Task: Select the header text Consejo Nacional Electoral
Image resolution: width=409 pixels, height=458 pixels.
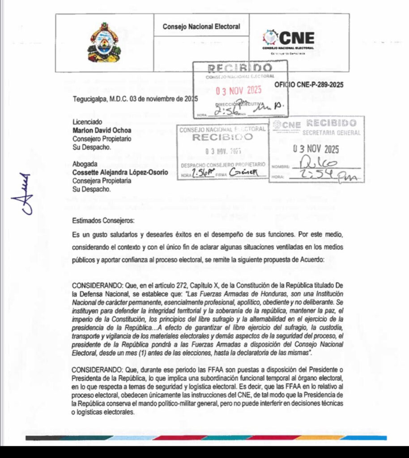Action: click(201, 27)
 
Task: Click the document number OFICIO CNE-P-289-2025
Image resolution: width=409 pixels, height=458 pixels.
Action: click(309, 85)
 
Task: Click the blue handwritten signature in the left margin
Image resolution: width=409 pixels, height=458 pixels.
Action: click(24, 193)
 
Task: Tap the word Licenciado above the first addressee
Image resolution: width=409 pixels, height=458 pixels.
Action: click(87, 122)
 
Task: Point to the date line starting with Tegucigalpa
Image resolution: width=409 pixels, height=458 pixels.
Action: click(134, 98)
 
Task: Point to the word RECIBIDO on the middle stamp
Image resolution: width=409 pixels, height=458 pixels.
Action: click(222, 137)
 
